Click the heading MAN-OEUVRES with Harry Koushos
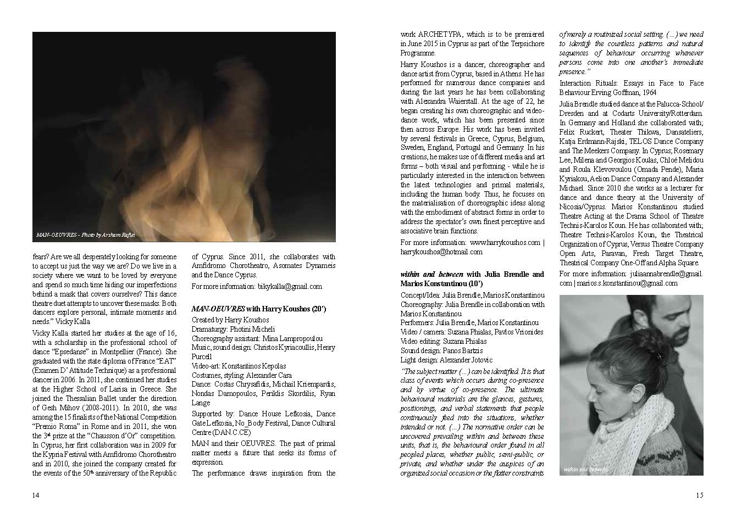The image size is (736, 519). [258, 309]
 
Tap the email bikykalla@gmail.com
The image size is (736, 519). [289, 286]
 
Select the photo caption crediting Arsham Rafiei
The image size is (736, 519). [85, 235]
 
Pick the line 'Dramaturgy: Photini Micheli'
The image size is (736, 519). [233, 328]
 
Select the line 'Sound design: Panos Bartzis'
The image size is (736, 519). [441, 350]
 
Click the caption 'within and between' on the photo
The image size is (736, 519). [585, 470]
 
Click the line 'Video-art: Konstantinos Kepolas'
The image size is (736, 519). [239, 366]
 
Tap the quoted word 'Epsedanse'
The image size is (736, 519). [70, 351]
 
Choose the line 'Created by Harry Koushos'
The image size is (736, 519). [230, 319]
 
